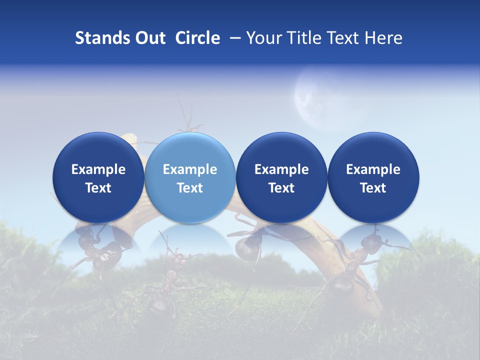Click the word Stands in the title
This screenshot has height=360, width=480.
pos(97,38)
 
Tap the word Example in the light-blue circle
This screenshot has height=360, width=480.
pos(190,169)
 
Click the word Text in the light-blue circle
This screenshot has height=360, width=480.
pos(190,188)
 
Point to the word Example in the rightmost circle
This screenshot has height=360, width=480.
pos(373,169)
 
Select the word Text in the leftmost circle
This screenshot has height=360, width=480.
pos(98,188)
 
